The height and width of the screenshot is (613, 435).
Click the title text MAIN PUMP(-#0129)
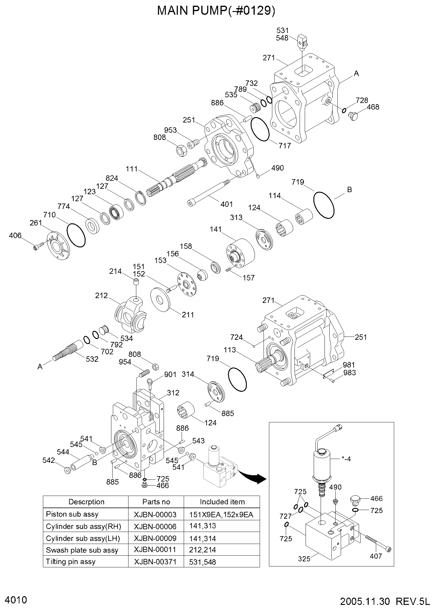[216, 11]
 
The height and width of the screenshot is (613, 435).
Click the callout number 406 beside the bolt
[15, 236]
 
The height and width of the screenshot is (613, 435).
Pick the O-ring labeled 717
[260, 129]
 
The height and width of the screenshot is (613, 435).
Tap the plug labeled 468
[354, 116]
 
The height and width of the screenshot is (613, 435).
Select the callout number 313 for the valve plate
[236, 217]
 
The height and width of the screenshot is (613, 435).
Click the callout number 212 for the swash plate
[101, 295]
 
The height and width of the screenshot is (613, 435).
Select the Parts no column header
[156, 502]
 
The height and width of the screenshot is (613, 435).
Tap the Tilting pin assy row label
[71, 561]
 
